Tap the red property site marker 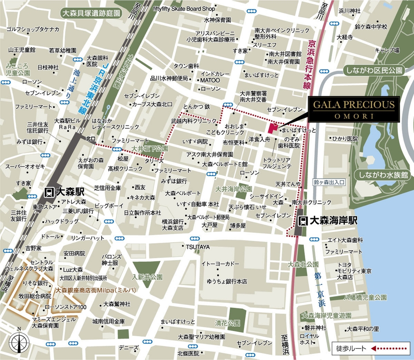272,127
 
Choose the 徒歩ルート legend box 370,348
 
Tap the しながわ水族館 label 383,175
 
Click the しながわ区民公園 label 374,70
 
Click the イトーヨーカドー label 220,264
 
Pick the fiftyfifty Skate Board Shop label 184,8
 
